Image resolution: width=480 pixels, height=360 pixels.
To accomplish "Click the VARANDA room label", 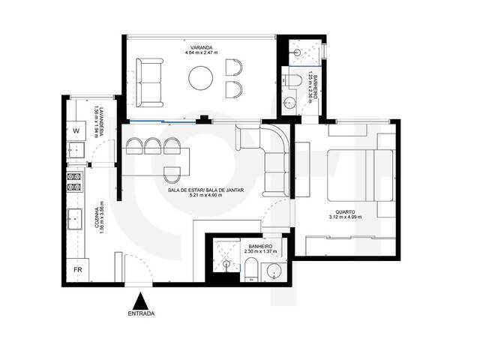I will tap(199, 46).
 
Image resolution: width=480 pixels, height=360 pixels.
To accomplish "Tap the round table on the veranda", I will tap(202, 78).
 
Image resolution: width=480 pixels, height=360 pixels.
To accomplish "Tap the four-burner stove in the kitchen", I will tap(75, 181).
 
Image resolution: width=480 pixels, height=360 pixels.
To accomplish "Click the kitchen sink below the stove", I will tap(76, 219).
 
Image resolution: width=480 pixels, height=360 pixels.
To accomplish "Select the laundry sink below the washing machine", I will tap(75, 152).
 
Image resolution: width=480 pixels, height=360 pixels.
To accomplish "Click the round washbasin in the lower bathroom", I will tap(275, 271).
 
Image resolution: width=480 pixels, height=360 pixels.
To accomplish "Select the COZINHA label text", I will tap(97, 217).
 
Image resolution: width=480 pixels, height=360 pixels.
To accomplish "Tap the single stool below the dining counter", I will tap(172, 173).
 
